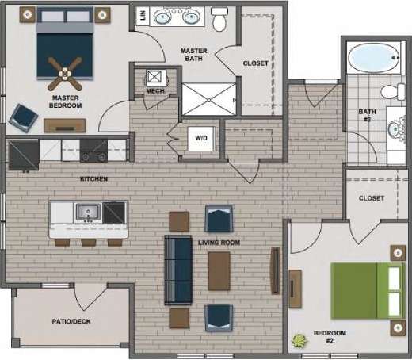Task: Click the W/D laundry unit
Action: coord(200,139)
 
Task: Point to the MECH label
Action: coord(154,91)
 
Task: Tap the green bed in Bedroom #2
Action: coord(364,290)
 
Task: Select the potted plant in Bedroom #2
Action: coord(299,342)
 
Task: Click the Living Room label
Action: coord(220,242)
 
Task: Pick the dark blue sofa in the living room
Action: coord(174,270)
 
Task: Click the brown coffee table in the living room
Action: coord(219,270)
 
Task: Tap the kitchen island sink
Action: coord(87,213)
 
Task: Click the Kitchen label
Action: coord(94,179)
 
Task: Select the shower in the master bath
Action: coord(209,98)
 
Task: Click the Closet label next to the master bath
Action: coord(255,63)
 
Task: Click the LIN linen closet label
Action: coord(143,16)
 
